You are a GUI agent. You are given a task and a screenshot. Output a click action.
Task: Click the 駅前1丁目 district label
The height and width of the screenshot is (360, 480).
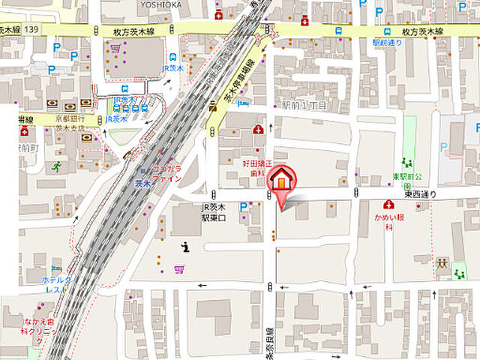[x=304, y=106]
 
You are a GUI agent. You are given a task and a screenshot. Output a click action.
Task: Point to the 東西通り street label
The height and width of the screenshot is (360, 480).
[x=420, y=193]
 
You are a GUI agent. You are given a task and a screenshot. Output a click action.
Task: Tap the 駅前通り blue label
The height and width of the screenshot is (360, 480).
[x=387, y=43]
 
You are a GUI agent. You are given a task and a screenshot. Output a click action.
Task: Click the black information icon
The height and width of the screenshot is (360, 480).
[x=185, y=246]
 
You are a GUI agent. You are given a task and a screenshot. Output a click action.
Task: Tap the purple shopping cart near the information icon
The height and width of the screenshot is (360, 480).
[x=179, y=269]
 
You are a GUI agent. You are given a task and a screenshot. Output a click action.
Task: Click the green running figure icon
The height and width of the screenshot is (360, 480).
[x=55, y=166]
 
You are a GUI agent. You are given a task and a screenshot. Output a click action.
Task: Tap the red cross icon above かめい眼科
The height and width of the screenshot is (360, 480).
[x=388, y=204]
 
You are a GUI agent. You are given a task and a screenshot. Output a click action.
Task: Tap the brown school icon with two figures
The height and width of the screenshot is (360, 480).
[x=442, y=263]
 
